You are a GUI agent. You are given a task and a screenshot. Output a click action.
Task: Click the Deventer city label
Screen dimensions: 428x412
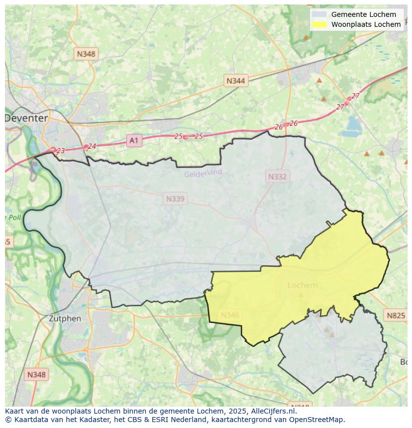[26, 118]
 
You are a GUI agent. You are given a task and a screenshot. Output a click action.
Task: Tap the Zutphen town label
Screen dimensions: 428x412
[65, 319]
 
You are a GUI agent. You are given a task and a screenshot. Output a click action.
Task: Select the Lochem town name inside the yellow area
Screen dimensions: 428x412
[303, 285]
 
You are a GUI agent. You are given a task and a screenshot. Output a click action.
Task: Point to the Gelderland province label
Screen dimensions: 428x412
[203, 173]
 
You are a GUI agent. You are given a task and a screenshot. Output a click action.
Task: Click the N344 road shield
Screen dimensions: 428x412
[235, 81]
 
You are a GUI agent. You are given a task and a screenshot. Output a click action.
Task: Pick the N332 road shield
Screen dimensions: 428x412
[277, 176]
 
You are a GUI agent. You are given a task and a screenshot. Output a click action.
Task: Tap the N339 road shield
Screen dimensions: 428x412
[175, 199]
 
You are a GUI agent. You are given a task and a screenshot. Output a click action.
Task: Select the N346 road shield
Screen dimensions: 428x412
[230, 315]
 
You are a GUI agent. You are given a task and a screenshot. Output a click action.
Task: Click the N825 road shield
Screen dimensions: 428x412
[396, 315]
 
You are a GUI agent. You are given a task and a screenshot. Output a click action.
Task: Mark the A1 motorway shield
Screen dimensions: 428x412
[134, 141]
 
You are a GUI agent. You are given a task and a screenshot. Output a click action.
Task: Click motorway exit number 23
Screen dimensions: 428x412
[61, 151]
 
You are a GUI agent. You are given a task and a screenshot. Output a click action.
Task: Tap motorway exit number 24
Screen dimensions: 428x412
[92, 146]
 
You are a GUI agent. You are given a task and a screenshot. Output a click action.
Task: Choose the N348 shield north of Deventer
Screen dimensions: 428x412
[86, 54]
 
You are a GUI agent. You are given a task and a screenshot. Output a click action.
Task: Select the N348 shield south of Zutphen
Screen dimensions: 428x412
[37, 375]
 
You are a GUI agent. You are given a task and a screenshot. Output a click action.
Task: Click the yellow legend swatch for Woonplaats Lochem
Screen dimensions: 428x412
[319, 24]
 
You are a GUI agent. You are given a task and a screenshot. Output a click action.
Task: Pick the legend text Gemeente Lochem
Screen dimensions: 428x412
[364, 14]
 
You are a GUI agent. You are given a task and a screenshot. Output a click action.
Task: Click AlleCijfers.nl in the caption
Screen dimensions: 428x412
[274, 411]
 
